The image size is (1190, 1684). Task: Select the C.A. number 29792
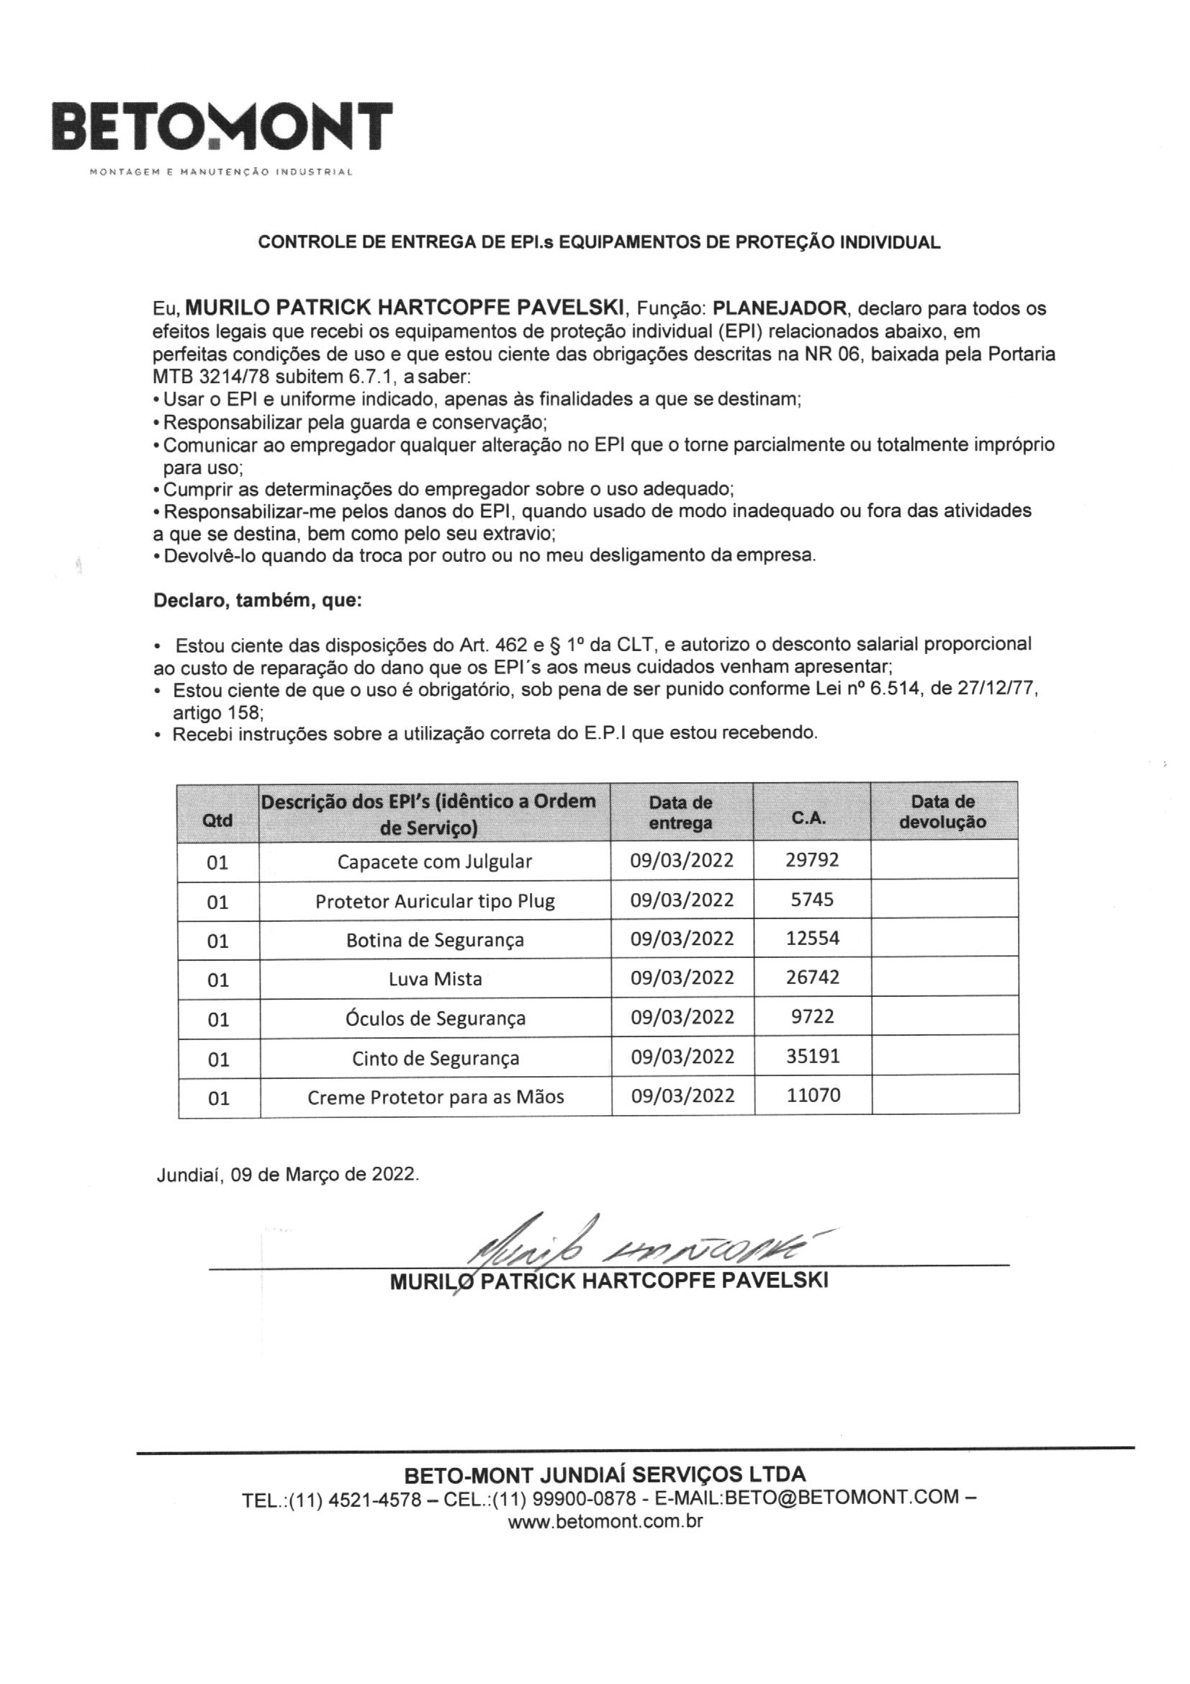coord(811,859)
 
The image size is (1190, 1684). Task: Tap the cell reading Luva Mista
coord(435,978)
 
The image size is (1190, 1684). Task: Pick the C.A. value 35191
coord(812,1056)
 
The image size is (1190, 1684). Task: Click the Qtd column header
coord(217,819)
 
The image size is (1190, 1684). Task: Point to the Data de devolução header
coord(943,811)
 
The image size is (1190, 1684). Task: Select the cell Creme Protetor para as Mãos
coord(435,1096)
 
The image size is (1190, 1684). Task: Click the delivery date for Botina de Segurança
coord(682,939)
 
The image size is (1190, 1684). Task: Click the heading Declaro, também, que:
coord(257,601)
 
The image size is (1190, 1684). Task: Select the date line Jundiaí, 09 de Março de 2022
coord(288,1174)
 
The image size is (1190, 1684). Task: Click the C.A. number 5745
coord(811,899)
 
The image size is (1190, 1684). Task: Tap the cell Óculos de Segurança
coord(435,1018)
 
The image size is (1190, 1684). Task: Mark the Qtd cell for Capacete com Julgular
coord(217,861)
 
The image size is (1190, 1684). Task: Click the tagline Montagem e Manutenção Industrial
coord(221,173)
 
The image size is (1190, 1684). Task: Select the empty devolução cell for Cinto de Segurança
coord(945,1056)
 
